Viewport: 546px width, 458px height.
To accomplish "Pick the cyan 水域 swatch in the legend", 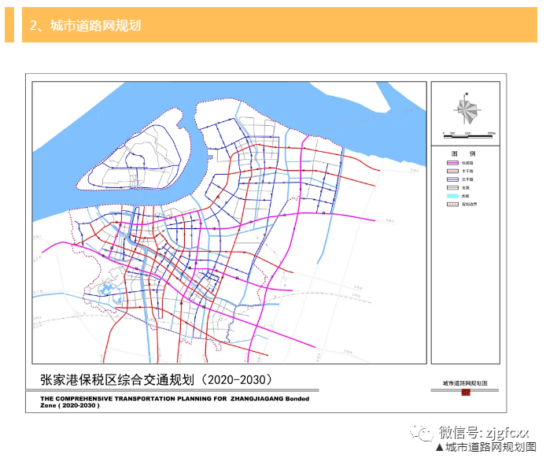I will (x=451, y=197).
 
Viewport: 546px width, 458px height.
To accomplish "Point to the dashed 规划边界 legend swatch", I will (x=451, y=205).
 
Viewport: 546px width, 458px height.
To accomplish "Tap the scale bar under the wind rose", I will (x=468, y=132).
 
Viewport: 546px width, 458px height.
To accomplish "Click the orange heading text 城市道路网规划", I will (x=95, y=25).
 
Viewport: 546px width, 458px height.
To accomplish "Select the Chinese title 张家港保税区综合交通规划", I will (x=118, y=379).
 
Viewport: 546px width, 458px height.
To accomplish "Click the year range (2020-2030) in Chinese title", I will (x=237, y=379).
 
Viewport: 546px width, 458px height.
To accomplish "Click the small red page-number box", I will (x=466, y=392).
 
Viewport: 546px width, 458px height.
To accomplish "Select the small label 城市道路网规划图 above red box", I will (x=466, y=382).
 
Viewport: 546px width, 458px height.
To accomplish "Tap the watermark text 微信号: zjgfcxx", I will (x=485, y=432).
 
